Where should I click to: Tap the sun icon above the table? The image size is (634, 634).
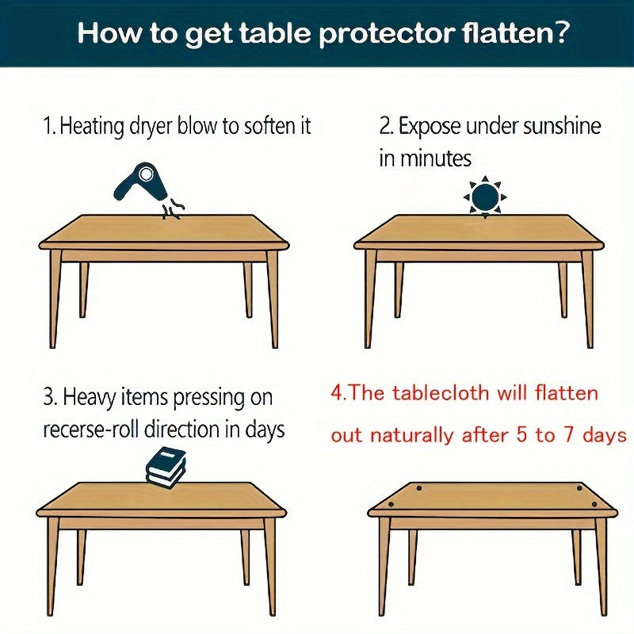tap(483, 196)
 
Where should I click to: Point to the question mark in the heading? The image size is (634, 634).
tap(560, 35)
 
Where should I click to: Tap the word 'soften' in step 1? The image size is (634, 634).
tap(248, 126)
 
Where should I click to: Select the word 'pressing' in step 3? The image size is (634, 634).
tap(215, 395)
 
